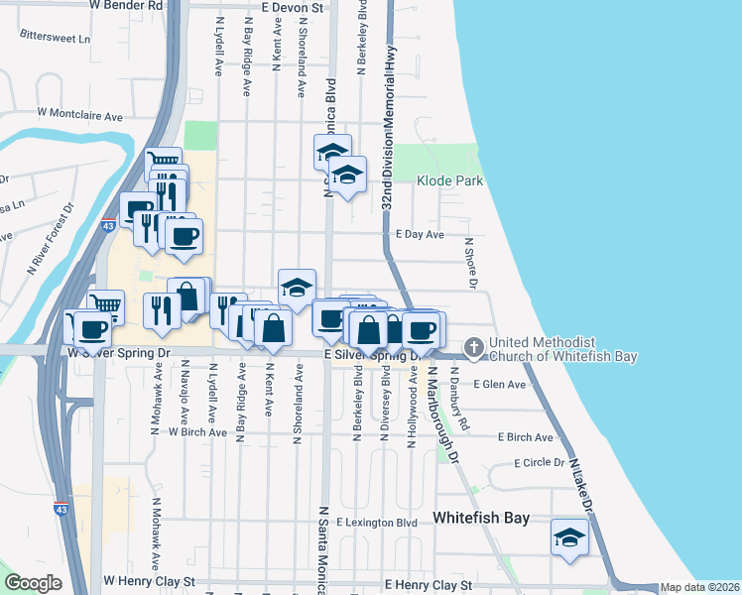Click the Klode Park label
tap(449, 181)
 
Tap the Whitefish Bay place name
tap(481, 519)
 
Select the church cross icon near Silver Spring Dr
tap(474, 348)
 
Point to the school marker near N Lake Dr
tap(569, 538)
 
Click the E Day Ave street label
tap(420, 235)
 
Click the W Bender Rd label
tap(126, 6)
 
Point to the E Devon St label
tap(294, 7)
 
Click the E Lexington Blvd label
tap(377, 523)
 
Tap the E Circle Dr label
tap(540, 463)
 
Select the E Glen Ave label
tap(500, 384)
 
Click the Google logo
tap(33, 583)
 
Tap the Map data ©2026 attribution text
tap(700, 588)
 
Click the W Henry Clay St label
tap(150, 581)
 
